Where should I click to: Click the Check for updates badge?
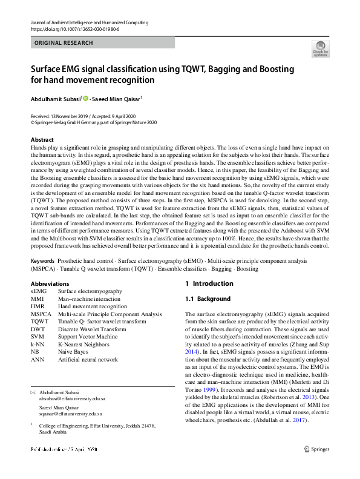point(319,48)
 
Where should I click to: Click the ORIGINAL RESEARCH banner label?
point(64,43)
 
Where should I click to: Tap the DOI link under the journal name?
point(74,29)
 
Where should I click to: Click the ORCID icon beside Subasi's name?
point(86,98)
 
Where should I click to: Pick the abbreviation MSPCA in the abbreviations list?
point(41,314)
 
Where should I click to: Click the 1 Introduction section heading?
point(209,283)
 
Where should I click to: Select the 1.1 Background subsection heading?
point(208,299)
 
